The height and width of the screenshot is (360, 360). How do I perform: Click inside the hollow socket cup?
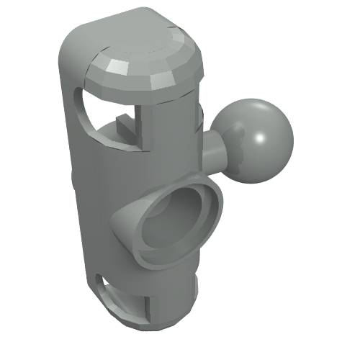point(173,227)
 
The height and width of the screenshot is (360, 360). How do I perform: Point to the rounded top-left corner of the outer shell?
point(72,36)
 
